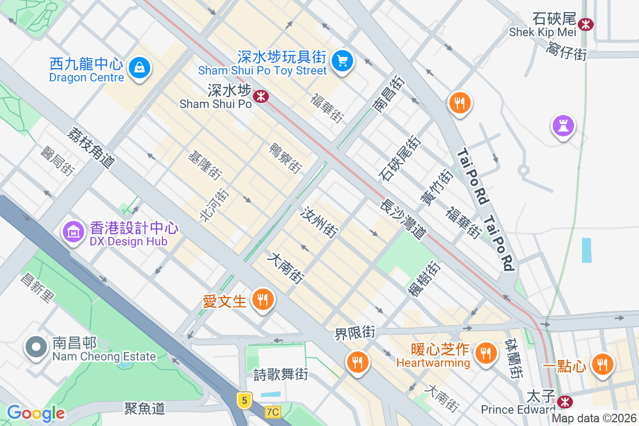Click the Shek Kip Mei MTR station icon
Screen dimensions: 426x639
click(586, 24)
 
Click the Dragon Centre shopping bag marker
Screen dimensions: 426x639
click(139, 68)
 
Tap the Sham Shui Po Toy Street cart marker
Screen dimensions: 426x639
click(342, 61)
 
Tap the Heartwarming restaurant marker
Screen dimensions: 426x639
click(485, 352)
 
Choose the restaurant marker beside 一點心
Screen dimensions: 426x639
click(602, 364)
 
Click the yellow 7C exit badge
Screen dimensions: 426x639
click(273, 412)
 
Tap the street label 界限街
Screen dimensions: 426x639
click(355, 333)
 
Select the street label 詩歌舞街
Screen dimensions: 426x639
click(281, 374)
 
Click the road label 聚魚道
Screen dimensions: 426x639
click(145, 408)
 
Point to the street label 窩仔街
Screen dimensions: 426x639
click(566, 52)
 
